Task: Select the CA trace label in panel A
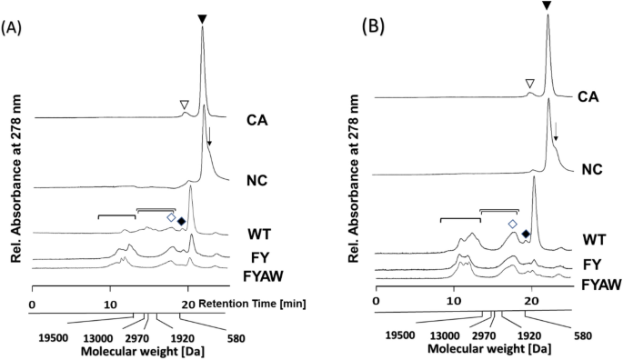click(257, 119)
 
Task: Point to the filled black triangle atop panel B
click(547, 6)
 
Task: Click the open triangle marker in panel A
click(185, 105)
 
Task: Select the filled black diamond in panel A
click(181, 221)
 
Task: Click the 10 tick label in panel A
click(110, 304)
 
